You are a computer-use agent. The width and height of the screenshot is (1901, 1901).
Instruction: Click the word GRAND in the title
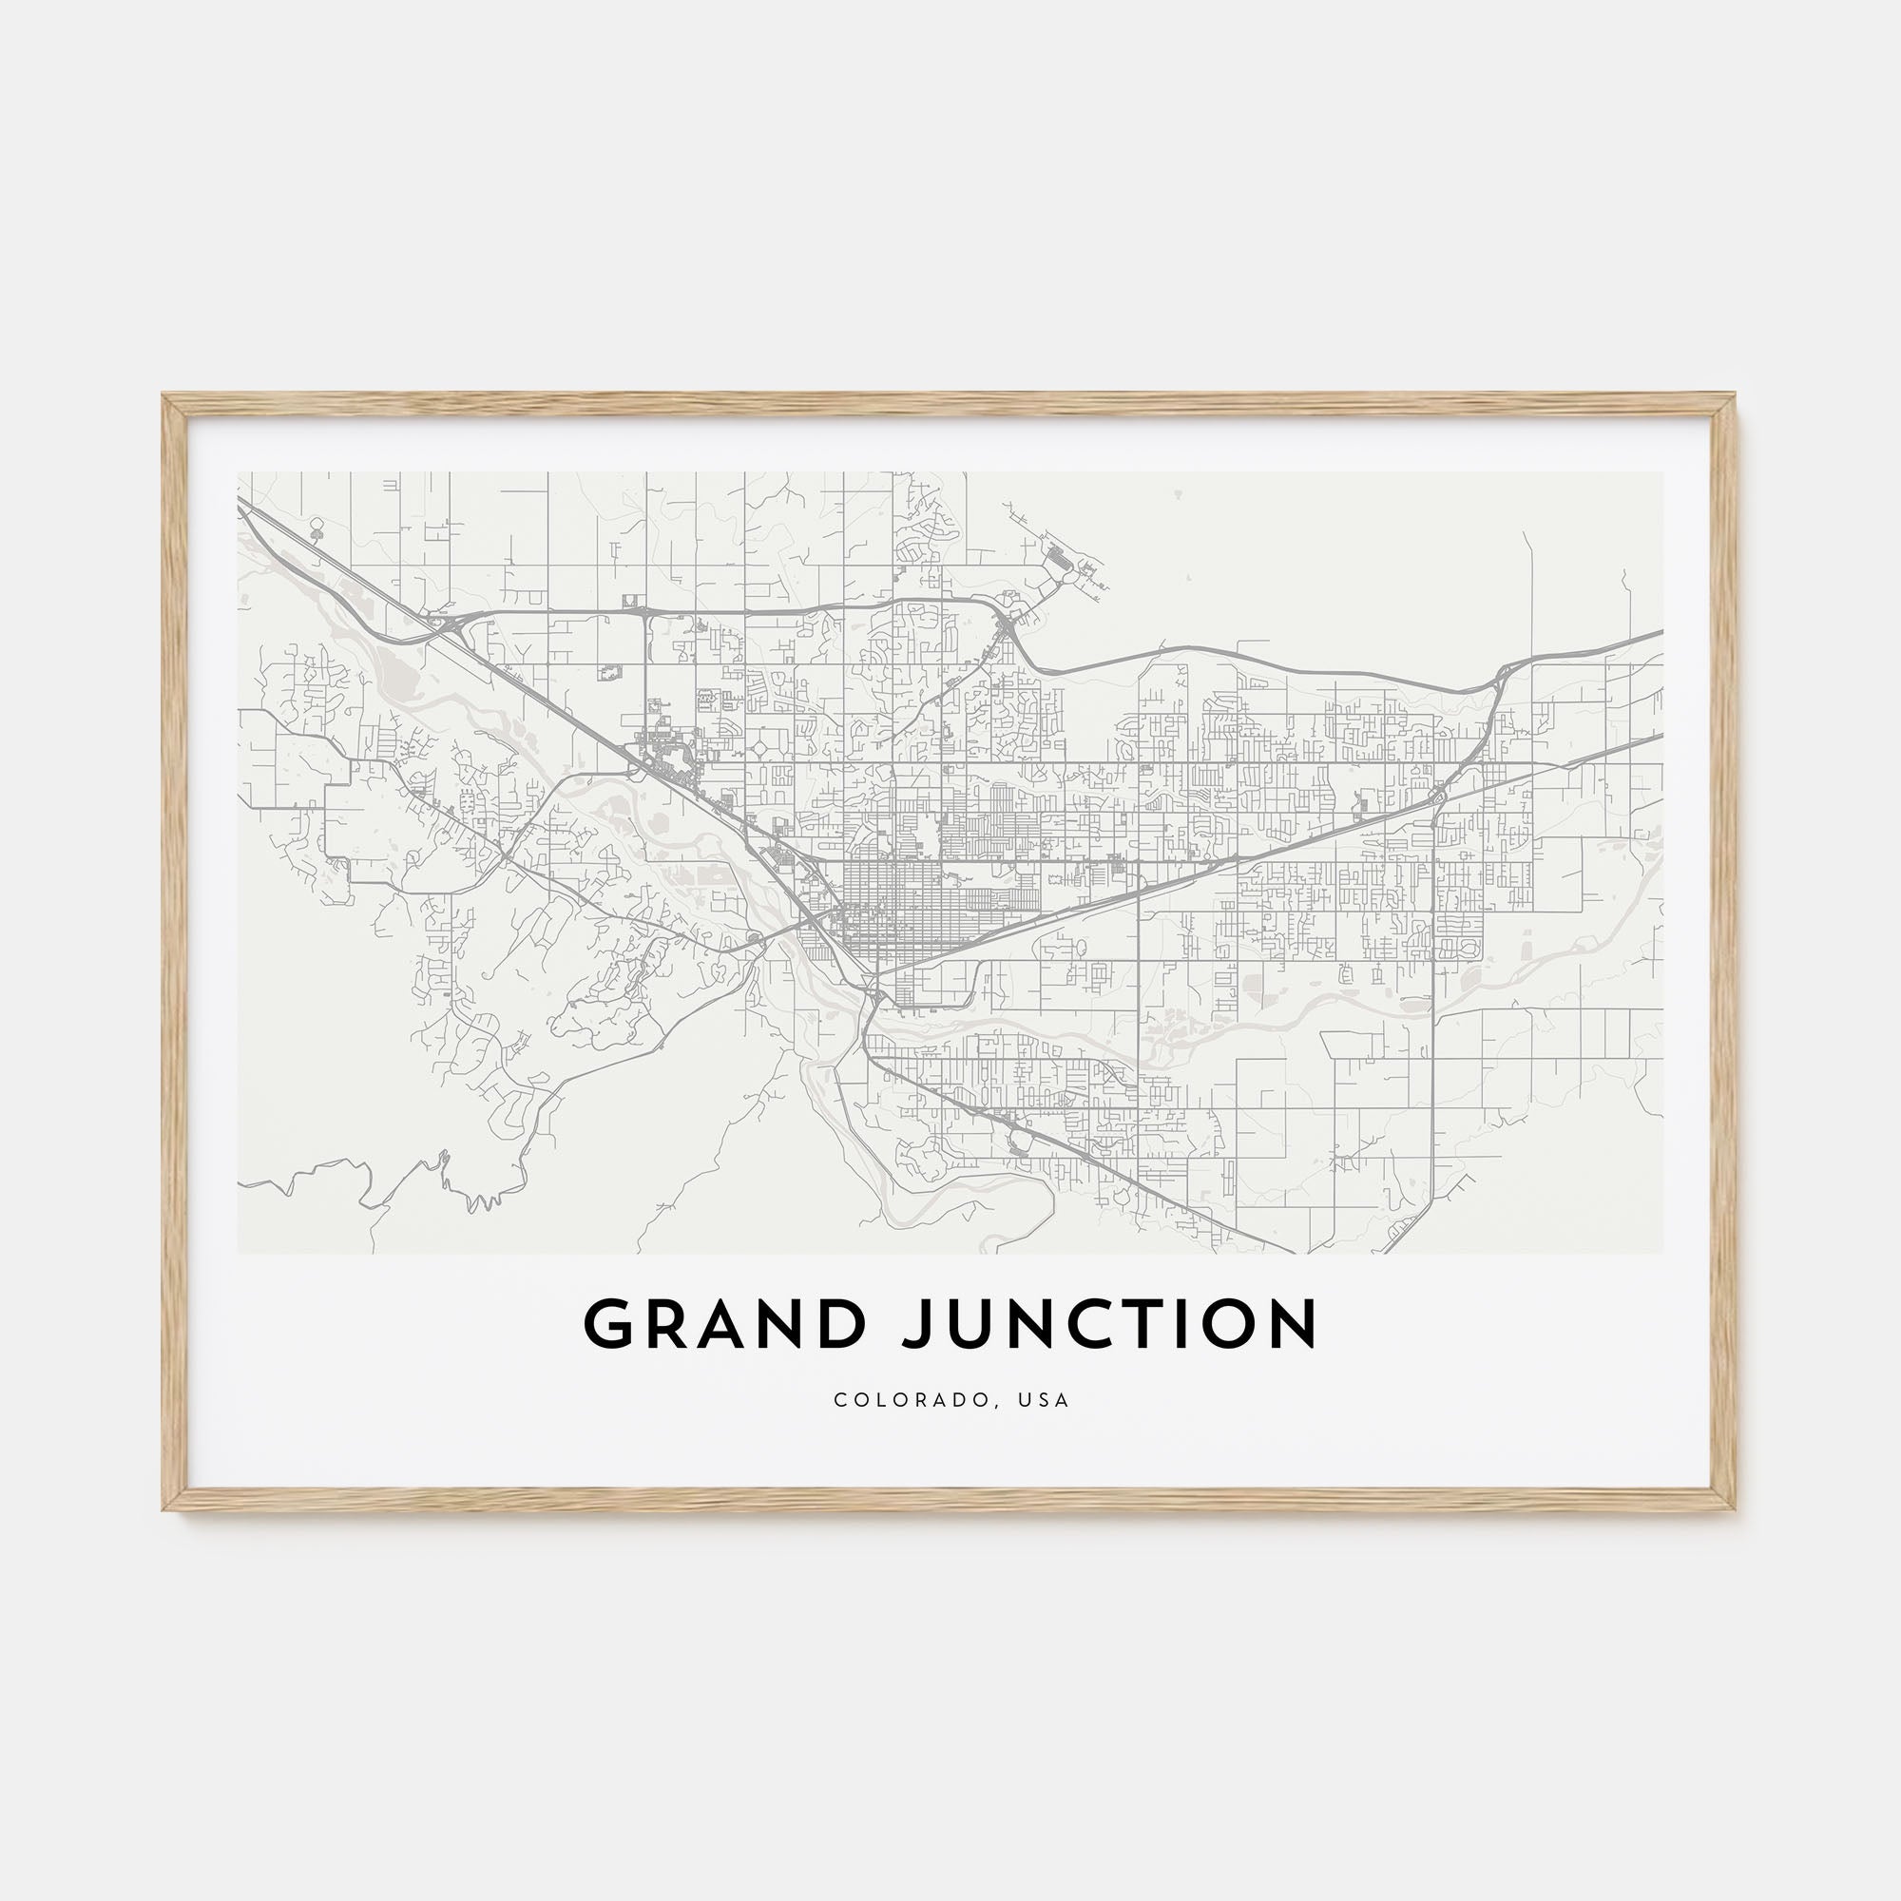coord(725,1324)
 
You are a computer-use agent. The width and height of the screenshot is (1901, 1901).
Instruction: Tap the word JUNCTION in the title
coord(1110,1324)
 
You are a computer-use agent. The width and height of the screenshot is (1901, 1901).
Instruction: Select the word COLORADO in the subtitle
coord(912,1400)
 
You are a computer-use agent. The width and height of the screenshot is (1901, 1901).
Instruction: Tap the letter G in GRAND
coord(611,1324)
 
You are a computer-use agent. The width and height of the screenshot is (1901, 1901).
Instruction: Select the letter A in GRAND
coord(725,1324)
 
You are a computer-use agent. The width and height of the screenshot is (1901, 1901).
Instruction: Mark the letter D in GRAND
coord(842,1324)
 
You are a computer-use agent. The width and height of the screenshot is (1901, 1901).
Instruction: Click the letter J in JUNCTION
coord(914,1324)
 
